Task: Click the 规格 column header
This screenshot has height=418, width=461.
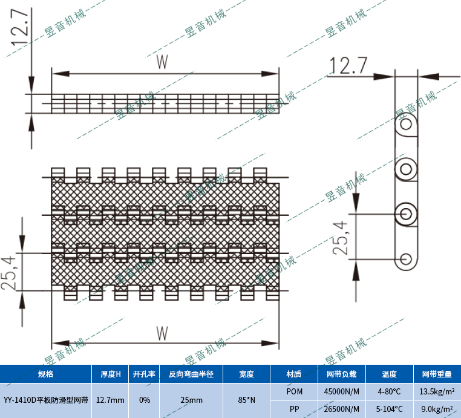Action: tap(45, 374)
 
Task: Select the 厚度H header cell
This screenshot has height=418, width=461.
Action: tap(110, 374)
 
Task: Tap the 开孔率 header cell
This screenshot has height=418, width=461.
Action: tap(145, 374)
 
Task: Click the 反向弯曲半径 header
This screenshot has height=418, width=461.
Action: tap(191, 374)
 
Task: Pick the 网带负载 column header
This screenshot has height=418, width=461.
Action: tap(341, 374)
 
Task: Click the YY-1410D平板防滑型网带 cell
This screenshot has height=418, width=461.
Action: tap(45, 400)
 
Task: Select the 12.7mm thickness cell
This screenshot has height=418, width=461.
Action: tap(110, 400)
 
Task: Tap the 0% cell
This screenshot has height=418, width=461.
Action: tap(145, 400)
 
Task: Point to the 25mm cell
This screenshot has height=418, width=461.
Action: tap(191, 400)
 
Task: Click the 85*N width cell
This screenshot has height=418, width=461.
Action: tap(246, 400)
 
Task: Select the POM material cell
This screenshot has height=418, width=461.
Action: tap(294, 391)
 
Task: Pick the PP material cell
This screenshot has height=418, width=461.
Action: tap(294, 409)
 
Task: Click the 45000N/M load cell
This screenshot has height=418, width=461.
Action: tap(341, 391)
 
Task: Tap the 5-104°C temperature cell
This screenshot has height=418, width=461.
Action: tap(389, 409)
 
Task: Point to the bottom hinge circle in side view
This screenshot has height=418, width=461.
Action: tap(406, 260)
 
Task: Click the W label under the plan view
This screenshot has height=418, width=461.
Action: tap(162, 333)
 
